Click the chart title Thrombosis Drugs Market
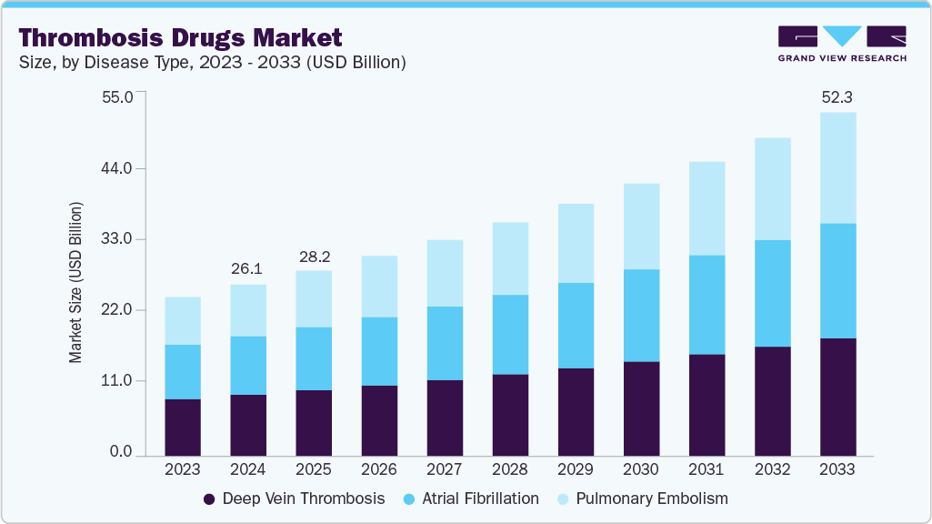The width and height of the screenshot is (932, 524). pyautogui.click(x=180, y=37)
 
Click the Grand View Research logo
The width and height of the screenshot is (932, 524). pyautogui.click(x=841, y=44)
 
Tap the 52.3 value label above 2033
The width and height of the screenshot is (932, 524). pyautogui.click(x=837, y=96)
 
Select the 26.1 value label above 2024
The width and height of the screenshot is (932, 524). pyautogui.click(x=248, y=268)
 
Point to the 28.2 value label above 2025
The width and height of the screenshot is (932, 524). pyautogui.click(x=314, y=255)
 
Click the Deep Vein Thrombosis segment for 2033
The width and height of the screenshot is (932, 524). pyautogui.click(x=837, y=397)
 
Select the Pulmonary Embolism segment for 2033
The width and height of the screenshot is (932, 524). pyautogui.click(x=837, y=167)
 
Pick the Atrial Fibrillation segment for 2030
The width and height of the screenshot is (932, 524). pyautogui.click(x=641, y=316)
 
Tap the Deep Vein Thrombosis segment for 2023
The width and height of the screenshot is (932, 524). pyautogui.click(x=183, y=428)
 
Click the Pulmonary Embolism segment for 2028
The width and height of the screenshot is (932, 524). pyautogui.click(x=510, y=258)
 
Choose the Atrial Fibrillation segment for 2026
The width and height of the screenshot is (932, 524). pyautogui.click(x=379, y=351)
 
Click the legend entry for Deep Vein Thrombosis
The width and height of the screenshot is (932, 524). pyautogui.click(x=294, y=499)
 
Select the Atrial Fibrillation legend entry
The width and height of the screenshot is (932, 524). pyautogui.click(x=471, y=499)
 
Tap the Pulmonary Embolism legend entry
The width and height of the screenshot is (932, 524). pyautogui.click(x=641, y=499)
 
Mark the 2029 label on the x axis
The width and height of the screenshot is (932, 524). pyautogui.click(x=576, y=469)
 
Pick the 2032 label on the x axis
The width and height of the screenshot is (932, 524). pyautogui.click(x=772, y=469)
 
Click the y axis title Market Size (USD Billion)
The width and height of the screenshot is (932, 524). pyautogui.click(x=76, y=282)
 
